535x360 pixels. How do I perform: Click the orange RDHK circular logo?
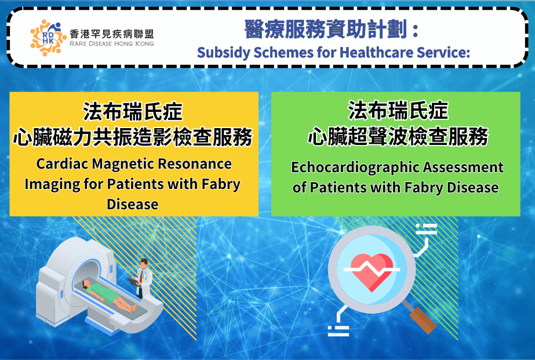point(48,38)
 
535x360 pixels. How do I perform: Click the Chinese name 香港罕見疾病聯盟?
point(111,34)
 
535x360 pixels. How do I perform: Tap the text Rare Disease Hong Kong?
point(111,43)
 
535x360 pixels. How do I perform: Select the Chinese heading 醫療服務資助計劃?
point(326,29)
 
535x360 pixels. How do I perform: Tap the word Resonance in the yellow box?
point(195,164)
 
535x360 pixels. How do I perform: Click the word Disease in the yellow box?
point(132,204)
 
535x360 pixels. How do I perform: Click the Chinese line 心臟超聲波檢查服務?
point(398,137)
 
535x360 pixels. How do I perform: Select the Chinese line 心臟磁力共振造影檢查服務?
point(132,137)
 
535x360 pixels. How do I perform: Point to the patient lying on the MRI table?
point(108,294)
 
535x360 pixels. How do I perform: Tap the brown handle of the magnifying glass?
point(423,321)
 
